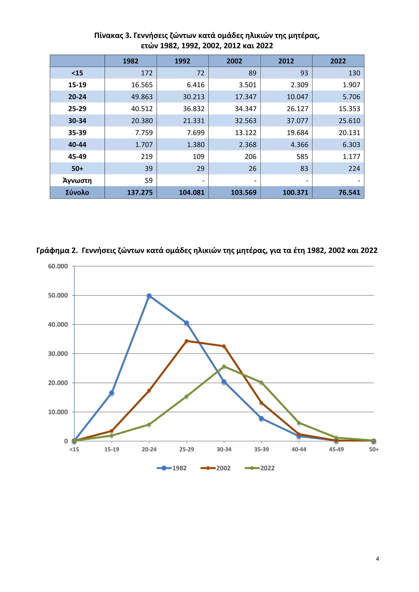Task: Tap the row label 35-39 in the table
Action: [x=77, y=133]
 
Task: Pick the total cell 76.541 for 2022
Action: [x=349, y=193]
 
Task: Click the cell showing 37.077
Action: [x=297, y=121]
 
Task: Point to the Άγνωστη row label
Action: [x=77, y=181]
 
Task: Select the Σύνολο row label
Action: [x=77, y=193]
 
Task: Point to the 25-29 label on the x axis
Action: [x=187, y=449]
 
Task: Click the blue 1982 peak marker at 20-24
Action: [x=149, y=296]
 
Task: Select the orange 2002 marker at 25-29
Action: [x=187, y=341]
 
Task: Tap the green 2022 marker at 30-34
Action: [x=224, y=366]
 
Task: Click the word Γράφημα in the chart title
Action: [x=53, y=251]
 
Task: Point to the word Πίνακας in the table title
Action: [x=109, y=36]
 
